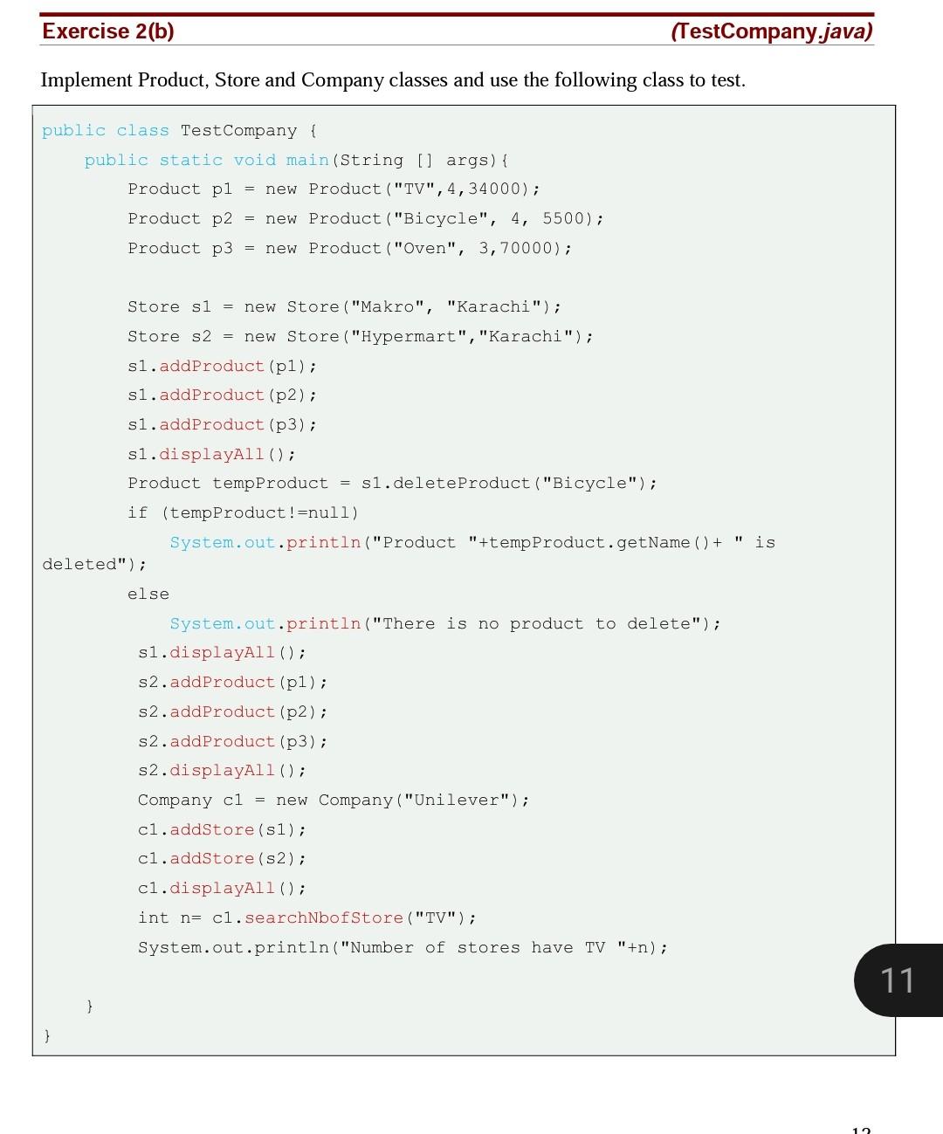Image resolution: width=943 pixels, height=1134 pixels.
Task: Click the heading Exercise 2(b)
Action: click(108, 31)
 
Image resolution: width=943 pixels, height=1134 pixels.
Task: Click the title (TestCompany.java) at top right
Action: click(772, 31)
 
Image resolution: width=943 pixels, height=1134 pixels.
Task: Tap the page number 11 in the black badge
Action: click(897, 980)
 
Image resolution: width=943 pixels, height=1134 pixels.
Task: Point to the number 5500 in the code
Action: click(563, 219)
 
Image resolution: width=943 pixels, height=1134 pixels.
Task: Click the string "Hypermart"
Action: click(409, 337)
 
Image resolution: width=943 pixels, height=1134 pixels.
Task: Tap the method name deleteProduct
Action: click(461, 484)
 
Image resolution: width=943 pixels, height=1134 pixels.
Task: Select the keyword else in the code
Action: click(148, 594)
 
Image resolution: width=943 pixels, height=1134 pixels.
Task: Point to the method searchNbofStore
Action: click(324, 918)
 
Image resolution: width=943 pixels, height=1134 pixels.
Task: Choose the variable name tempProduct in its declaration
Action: click(271, 484)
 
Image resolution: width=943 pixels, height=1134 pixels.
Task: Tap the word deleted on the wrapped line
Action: click(79, 565)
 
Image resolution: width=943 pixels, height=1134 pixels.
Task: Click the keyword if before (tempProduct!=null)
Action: click(138, 513)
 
